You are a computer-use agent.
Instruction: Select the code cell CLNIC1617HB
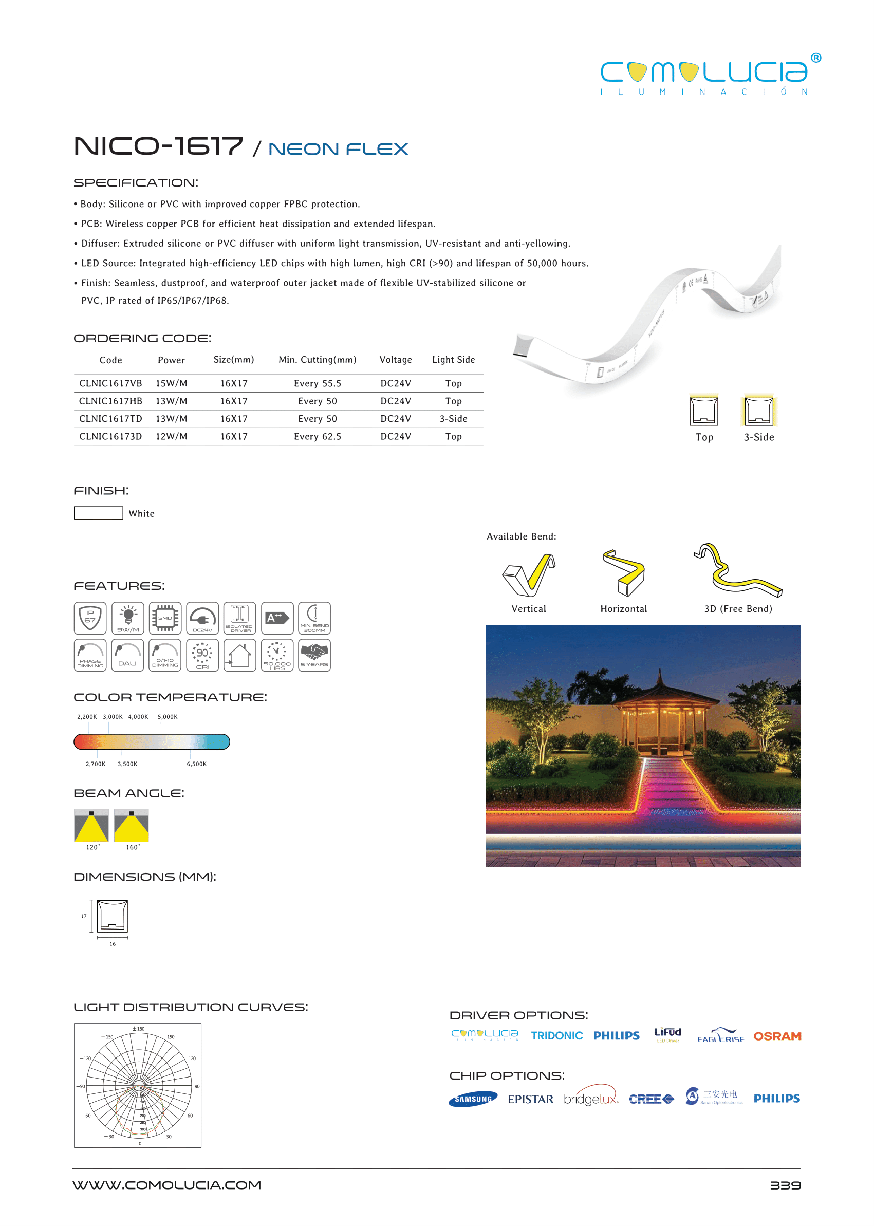point(110,401)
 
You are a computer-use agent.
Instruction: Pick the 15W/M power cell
point(171,383)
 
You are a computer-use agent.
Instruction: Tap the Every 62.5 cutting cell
point(317,436)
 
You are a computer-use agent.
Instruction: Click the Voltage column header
point(395,360)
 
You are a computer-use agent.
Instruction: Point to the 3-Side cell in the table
point(453,419)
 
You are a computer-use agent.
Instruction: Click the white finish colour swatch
point(98,513)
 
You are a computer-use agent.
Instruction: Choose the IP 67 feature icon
point(90,618)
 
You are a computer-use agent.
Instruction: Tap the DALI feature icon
point(127,655)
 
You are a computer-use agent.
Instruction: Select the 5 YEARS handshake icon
point(314,655)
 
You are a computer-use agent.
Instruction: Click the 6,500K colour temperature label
point(196,764)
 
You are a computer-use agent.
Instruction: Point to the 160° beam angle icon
point(132,826)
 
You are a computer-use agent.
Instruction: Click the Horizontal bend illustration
point(624,572)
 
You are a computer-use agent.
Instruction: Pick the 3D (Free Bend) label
point(738,609)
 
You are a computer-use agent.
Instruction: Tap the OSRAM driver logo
point(776,1036)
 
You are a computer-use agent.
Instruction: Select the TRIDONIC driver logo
point(556,1036)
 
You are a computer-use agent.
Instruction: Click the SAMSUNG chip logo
point(473,1099)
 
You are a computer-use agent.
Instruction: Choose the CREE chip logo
point(650,1099)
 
